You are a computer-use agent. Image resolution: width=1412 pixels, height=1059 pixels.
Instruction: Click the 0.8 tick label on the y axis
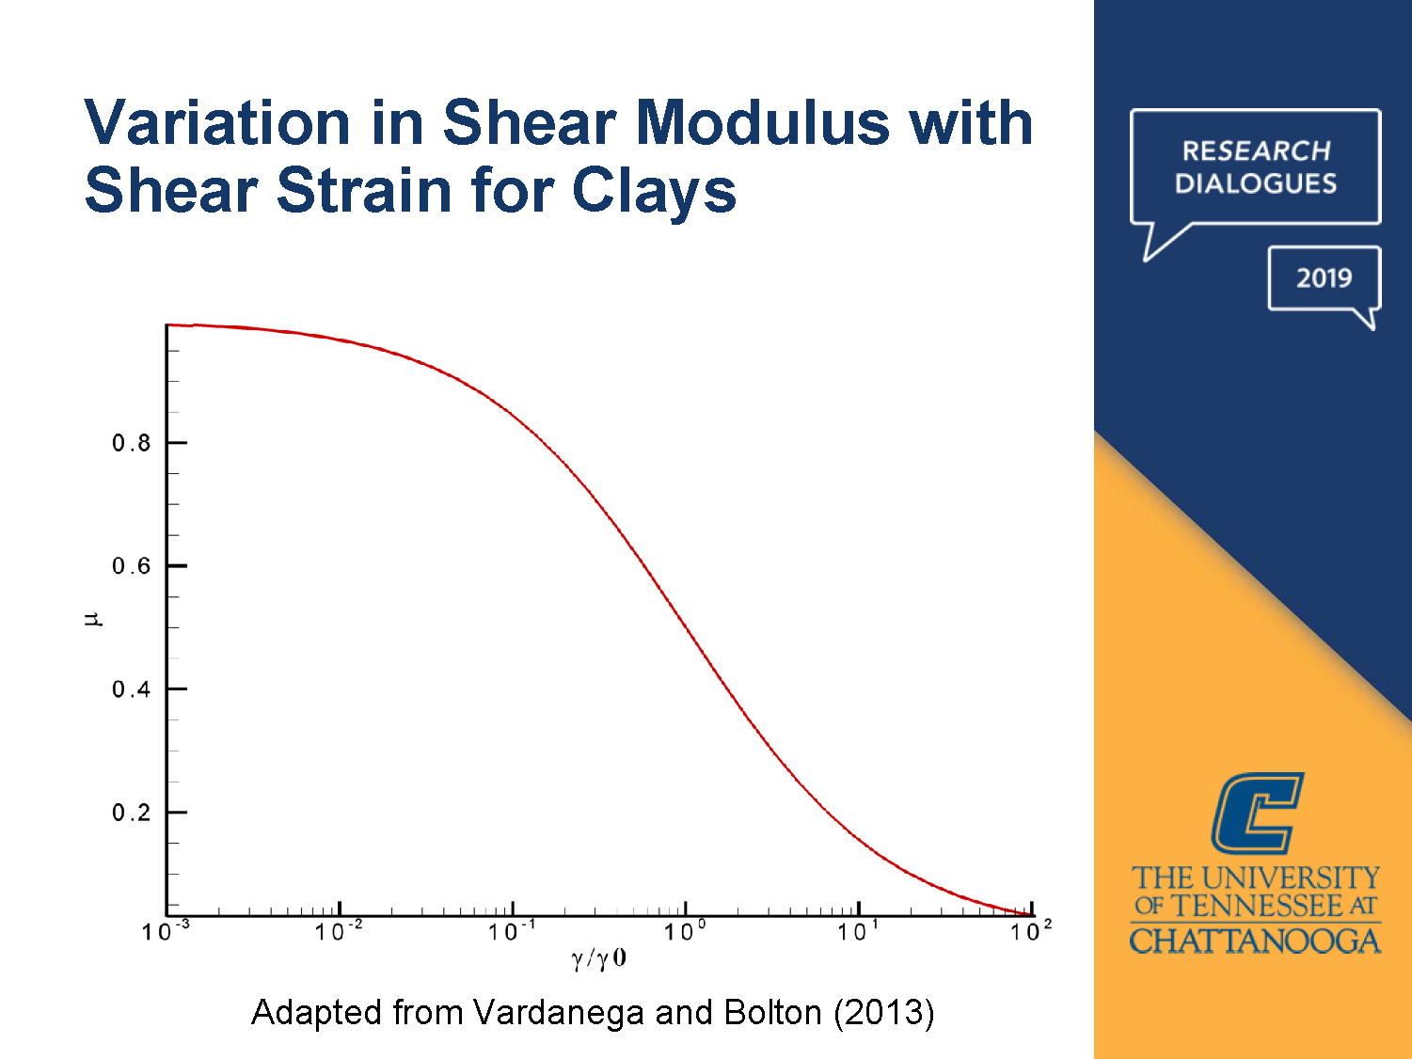click(131, 443)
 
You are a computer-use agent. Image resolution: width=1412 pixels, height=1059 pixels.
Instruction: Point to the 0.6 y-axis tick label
click(131, 566)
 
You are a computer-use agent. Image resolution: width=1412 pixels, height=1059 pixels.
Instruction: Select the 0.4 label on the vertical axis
click(131, 689)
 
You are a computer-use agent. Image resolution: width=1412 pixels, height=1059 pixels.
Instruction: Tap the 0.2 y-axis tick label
click(131, 813)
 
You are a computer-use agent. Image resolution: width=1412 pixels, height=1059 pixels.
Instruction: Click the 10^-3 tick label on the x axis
click(165, 931)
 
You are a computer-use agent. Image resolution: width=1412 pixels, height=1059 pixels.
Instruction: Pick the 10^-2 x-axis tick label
click(338, 931)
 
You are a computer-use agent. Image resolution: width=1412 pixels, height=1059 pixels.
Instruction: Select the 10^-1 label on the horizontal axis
click(511, 931)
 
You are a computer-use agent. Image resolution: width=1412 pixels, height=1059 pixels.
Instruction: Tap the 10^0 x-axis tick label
click(684, 931)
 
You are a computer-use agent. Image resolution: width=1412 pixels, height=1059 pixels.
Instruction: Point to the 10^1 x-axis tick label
click(857, 931)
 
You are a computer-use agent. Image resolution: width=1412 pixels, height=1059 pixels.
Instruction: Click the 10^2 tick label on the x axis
click(1030, 931)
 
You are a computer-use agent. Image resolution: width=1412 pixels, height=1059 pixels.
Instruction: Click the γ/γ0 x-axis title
click(598, 959)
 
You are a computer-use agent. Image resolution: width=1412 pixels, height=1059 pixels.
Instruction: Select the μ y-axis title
click(92, 619)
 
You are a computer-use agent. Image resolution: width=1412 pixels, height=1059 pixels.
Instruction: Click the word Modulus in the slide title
click(761, 123)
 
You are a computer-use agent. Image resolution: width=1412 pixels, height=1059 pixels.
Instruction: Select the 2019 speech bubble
click(1324, 278)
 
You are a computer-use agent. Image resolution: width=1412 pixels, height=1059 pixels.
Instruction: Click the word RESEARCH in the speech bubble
click(1256, 150)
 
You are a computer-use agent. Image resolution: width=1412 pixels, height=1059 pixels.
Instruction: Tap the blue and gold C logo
click(1256, 813)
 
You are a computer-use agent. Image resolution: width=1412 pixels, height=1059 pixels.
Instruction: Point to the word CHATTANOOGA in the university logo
click(1255, 940)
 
